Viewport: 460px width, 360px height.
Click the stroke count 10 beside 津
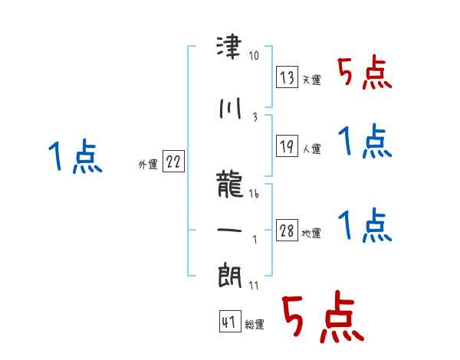255,56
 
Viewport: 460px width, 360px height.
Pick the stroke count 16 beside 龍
254,195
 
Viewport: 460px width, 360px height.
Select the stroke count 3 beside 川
254,116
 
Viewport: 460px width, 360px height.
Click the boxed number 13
287,77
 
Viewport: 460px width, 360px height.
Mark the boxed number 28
287,231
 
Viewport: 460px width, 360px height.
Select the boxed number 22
174,162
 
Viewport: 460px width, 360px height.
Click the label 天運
311,80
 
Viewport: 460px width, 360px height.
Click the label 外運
147,164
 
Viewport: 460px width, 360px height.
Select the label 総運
255,325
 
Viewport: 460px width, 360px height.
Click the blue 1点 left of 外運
74,159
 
